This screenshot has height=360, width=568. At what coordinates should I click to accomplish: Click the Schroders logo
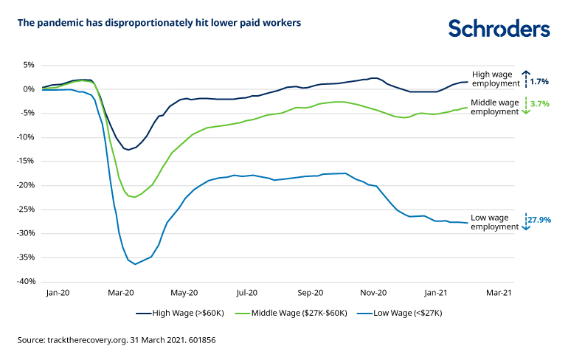499,28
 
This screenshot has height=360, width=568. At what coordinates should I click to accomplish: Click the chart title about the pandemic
159,22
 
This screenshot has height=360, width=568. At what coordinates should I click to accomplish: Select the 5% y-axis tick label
28,65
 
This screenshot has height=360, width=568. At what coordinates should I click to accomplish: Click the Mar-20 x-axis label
121,293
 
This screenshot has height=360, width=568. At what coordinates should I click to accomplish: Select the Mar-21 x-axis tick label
498,293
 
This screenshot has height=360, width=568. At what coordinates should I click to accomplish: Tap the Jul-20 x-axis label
247,293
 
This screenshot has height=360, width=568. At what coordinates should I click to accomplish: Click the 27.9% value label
538,220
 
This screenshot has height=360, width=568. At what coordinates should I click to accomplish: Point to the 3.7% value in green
540,104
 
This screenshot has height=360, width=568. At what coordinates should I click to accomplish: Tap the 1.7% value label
539,81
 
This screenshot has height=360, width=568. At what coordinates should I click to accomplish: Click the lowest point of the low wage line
134,264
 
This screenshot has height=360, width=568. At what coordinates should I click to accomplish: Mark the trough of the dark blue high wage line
128,150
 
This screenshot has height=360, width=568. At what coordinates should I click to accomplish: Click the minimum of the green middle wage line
133,197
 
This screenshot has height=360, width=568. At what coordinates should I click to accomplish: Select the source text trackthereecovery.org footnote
116,341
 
